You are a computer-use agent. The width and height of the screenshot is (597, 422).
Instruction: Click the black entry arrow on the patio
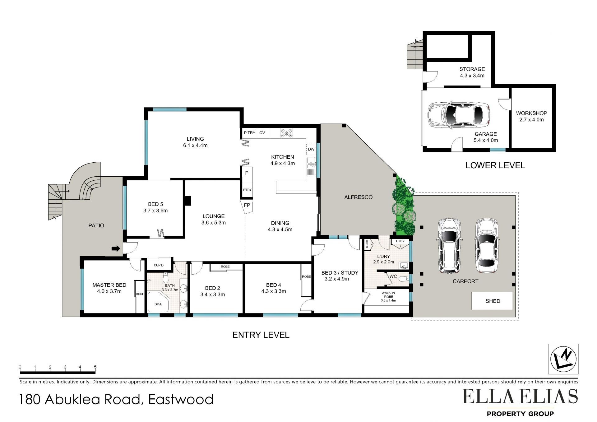pyautogui.click(x=116, y=248)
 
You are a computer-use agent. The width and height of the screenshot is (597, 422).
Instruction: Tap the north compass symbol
pyautogui.click(x=563, y=359)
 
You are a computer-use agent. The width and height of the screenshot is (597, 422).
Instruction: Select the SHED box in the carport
pyautogui.click(x=492, y=301)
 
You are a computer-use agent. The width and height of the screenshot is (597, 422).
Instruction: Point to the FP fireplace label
pyautogui.click(x=247, y=206)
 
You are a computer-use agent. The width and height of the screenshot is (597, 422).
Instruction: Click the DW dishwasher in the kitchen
pyautogui.click(x=311, y=149)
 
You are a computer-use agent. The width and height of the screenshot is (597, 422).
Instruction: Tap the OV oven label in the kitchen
pyautogui.click(x=262, y=133)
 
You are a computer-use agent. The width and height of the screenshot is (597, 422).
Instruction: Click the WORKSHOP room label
pyautogui.click(x=531, y=113)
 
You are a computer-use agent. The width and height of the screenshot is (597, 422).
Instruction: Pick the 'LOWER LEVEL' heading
pyautogui.click(x=495, y=165)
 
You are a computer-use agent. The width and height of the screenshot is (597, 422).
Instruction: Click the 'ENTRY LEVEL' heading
pyautogui.click(x=261, y=335)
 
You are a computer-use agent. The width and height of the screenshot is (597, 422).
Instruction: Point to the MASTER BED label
pyautogui.click(x=109, y=285)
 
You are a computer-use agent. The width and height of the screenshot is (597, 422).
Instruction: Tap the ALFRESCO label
pyautogui.click(x=358, y=197)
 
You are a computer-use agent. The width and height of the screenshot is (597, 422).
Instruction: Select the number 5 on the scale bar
pyautogui.click(x=95, y=367)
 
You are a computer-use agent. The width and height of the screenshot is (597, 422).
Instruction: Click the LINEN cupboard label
pyautogui.click(x=400, y=241)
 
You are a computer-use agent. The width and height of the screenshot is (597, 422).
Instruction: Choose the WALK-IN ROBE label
pyautogui.click(x=388, y=295)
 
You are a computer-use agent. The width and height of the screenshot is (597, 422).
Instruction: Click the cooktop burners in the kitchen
pyautogui.click(x=286, y=133)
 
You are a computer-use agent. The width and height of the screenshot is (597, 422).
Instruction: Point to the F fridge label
pyautogui.click(x=247, y=173)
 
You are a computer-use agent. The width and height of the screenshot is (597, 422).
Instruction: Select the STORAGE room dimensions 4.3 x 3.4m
pyautogui.click(x=472, y=76)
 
